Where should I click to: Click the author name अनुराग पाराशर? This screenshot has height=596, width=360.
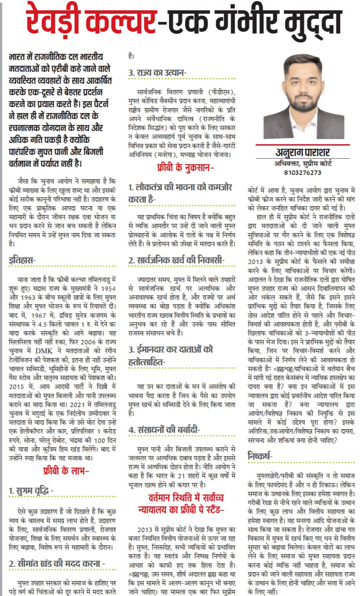click(x=303, y=152)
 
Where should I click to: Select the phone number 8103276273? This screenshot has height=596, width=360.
click(x=303, y=173)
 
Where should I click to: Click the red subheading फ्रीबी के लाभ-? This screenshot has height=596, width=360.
click(x=66, y=471)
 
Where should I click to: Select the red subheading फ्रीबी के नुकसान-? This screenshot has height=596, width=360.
click(x=185, y=168)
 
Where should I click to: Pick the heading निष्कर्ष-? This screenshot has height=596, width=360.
click(x=260, y=456)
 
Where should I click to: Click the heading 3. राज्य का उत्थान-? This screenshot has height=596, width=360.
click(x=157, y=73)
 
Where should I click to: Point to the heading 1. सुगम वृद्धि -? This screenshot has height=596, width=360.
click(x=31, y=491)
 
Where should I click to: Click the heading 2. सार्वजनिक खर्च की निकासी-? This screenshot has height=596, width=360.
click(x=176, y=260)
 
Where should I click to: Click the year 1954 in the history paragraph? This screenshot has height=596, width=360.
click(x=108, y=288)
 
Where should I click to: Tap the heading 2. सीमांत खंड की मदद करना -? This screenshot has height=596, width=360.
click(x=57, y=564)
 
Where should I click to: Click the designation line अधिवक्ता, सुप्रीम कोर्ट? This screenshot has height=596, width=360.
click(x=303, y=163)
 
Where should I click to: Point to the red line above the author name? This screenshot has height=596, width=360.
click(x=303, y=145)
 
